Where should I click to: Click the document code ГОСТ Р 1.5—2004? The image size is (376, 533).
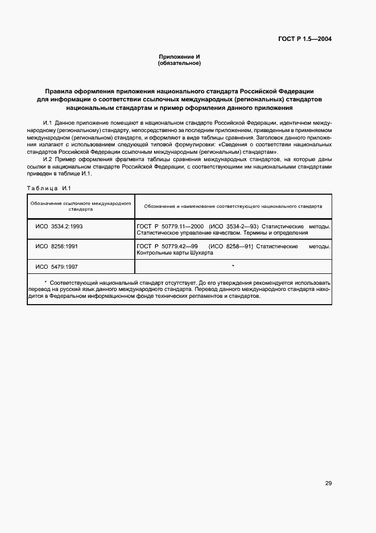coord(305,39)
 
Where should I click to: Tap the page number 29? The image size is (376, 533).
coord(328,483)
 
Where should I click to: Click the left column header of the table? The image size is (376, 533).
coord(81,206)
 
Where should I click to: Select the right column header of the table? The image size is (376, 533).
coord(233,206)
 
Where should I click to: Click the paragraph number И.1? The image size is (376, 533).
coord(47,123)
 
